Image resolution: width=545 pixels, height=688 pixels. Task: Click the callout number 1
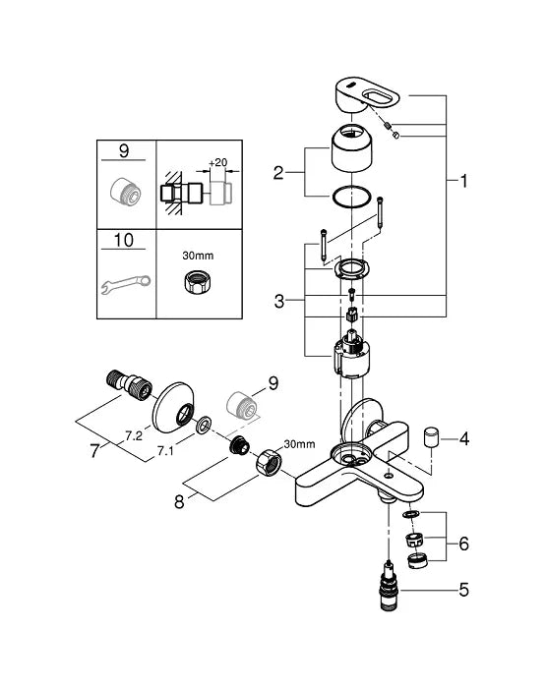click(463, 181)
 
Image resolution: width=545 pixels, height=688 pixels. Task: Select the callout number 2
click(278, 173)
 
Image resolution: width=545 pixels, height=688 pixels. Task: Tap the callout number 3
click(278, 302)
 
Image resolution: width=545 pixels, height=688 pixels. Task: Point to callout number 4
click(463, 438)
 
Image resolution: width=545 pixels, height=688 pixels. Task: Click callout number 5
click(463, 590)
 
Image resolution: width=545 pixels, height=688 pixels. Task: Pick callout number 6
click(463, 545)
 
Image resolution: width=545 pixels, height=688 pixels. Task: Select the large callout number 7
click(94, 451)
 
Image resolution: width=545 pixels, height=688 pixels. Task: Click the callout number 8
click(179, 501)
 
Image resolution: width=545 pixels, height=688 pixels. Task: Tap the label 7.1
click(165, 451)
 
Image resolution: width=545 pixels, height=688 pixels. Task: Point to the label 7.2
click(134, 435)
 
